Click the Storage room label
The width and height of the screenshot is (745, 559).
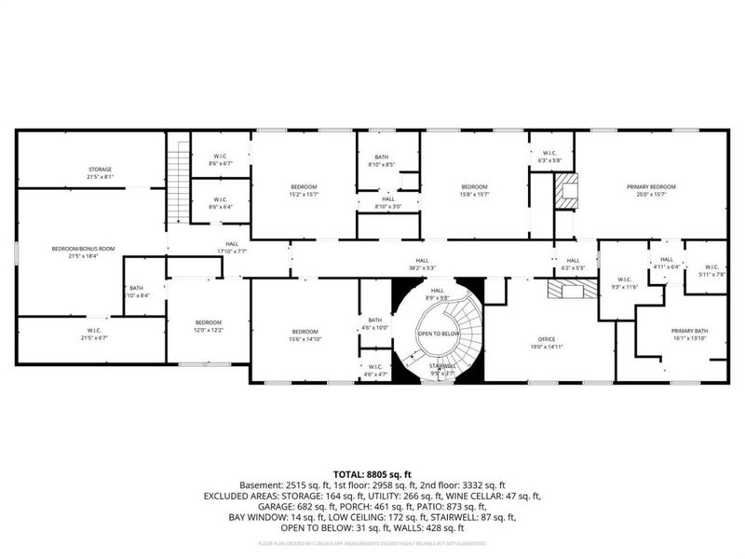click(100, 169)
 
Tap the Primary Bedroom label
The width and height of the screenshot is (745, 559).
click(650, 187)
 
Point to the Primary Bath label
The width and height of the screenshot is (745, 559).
click(690, 331)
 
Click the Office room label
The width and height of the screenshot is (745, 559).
click(546, 339)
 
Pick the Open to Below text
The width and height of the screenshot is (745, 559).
click(438, 333)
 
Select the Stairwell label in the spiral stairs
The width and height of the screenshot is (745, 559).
click(442, 366)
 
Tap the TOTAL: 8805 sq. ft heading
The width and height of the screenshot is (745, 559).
click(372, 474)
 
